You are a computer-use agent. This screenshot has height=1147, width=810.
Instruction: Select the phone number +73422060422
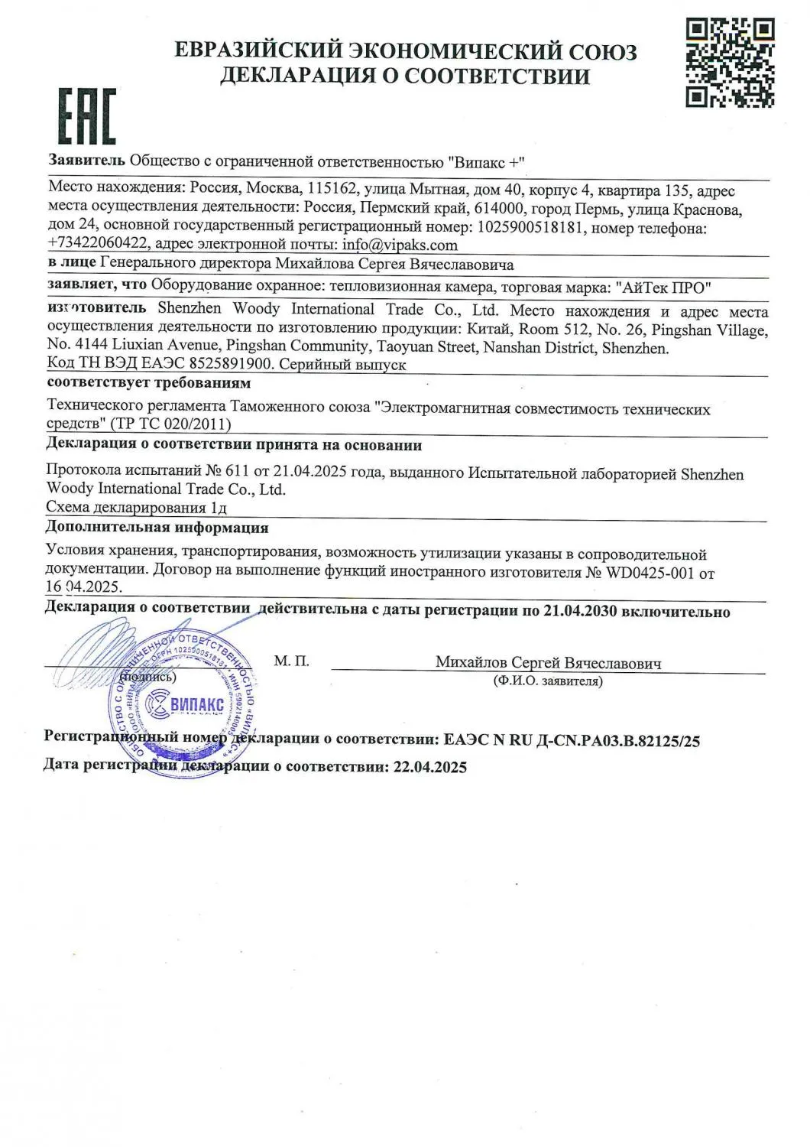pyautogui.click(x=99, y=245)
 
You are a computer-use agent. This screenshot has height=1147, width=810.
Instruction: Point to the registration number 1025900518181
pyautogui.click(x=530, y=227)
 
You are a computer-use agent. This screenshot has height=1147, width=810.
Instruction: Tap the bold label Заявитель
pyautogui.click(x=86, y=161)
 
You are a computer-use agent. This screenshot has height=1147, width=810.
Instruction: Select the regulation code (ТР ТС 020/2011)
pyautogui.click(x=171, y=424)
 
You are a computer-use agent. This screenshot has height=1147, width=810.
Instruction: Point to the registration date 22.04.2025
pyautogui.click(x=429, y=767)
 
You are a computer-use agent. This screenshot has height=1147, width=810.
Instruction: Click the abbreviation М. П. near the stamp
pyautogui.click(x=291, y=661)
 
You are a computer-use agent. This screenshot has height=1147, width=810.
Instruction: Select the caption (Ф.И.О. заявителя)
pyautogui.click(x=548, y=681)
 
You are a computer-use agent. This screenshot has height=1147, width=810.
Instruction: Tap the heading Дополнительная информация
pyautogui.click(x=157, y=528)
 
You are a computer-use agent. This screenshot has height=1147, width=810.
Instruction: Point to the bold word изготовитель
pyautogui.click(x=96, y=308)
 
